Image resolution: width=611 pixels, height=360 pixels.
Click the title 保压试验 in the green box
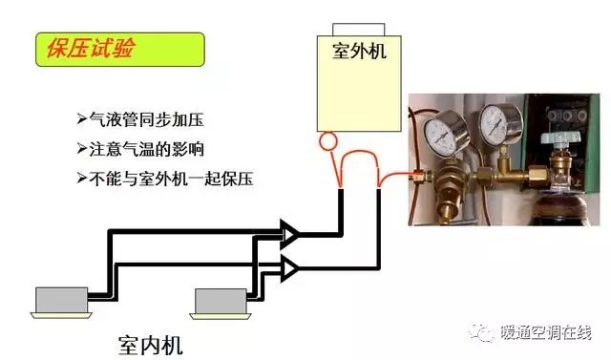tap(91, 49)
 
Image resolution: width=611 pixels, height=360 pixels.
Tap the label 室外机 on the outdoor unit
tap(359, 51)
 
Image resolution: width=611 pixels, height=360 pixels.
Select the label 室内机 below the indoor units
tap(150, 345)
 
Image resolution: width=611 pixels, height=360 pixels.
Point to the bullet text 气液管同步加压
tap(146, 119)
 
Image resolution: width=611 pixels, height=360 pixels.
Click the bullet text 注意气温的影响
tap(146, 149)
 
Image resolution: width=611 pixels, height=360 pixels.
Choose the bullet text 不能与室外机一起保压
tap(172, 179)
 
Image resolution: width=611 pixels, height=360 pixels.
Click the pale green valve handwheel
tap(560, 138)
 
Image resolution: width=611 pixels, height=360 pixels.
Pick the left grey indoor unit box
tap(61, 300)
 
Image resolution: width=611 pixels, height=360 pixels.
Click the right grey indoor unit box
tap(221, 301)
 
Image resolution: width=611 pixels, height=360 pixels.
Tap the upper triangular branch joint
tap(289, 234)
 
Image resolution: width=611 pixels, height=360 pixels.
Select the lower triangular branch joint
tap(289, 268)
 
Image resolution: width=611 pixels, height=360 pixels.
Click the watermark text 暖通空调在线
tap(545, 332)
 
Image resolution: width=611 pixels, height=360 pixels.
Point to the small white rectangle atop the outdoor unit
tap(359, 30)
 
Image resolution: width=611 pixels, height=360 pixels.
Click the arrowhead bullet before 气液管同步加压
tap(81, 118)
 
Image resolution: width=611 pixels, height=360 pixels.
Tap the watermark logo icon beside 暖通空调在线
tap(481, 333)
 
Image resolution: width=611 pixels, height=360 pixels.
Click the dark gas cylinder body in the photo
tap(560, 210)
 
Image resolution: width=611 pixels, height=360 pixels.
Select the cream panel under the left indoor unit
tap(61, 315)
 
